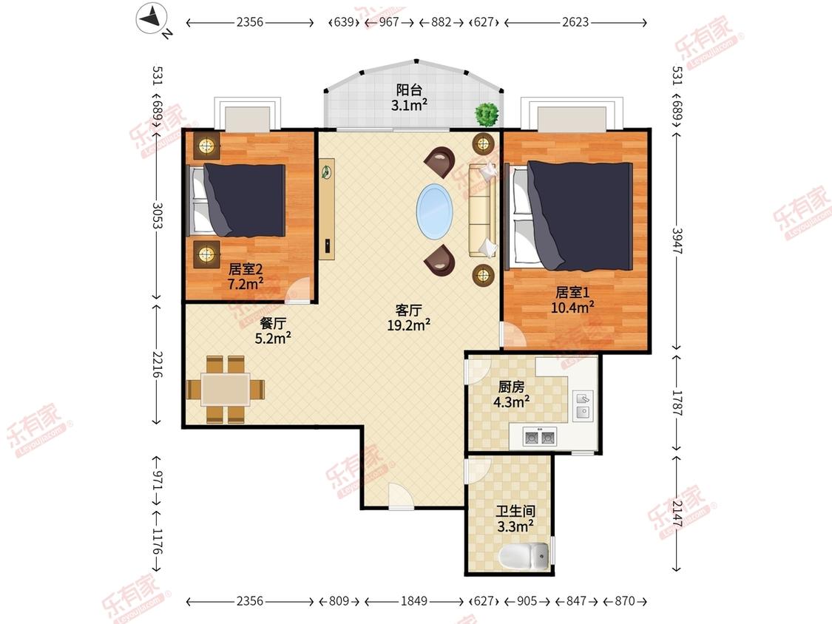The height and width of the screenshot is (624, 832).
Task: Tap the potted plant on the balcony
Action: pyautogui.click(x=487, y=114)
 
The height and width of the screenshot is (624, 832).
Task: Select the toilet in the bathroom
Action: pyautogui.click(x=524, y=556)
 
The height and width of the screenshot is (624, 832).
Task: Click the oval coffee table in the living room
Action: pyautogui.click(x=435, y=212)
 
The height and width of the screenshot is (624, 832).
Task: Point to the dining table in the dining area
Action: pyautogui.click(x=226, y=390)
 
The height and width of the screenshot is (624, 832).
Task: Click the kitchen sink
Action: pyautogui.click(x=583, y=406)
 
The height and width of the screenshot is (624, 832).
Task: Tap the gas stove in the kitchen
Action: pyautogui.click(x=539, y=437)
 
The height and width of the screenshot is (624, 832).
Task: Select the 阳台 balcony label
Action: pyautogui.click(x=409, y=89)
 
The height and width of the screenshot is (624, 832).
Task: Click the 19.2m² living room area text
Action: pyautogui.click(x=408, y=325)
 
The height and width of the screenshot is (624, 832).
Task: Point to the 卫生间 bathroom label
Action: pyautogui.click(x=515, y=511)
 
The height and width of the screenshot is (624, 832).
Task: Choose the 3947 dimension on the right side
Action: pyautogui.click(x=677, y=241)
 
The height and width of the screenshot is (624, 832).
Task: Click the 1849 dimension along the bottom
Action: pyautogui.click(x=414, y=600)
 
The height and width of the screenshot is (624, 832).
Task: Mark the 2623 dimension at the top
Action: pyautogui.click(x=575, y=22)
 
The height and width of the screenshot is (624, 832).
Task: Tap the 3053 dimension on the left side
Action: pyautogui.click(x=157, y=215)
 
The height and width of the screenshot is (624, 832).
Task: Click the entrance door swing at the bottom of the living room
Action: pyautogui.click(x=401, y=496)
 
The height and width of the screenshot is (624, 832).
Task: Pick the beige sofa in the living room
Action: pyautogui.click(x=482, y=211)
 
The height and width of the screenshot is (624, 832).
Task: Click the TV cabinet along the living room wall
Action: pyautogui.click(x=327, y=208)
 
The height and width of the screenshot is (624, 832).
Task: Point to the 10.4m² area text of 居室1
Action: pyautogui.click(x=572, y=307)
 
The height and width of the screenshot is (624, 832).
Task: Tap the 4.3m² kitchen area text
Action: pyautogui.click(x=512, y=401)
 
